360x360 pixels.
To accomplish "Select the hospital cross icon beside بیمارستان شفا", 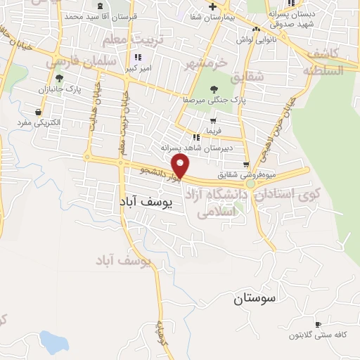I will tap(213, 6).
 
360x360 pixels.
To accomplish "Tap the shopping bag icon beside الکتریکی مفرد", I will tap(37, 112).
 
